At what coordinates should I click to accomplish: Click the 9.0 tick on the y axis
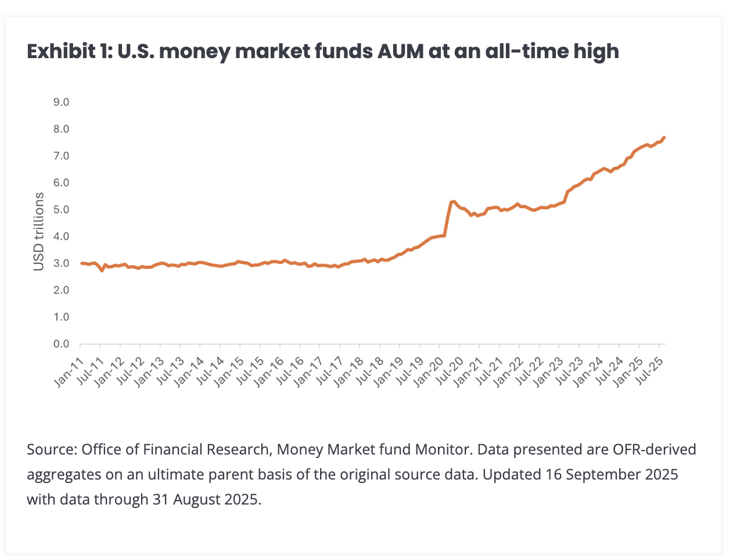click(x=60, y=102)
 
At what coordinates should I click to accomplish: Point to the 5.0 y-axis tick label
click(x=60, y=210)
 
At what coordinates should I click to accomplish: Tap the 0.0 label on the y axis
click(x=60, y=344)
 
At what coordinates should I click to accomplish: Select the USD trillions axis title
click(x=39, y=231)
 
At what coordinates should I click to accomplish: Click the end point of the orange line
click(x=664, y=138)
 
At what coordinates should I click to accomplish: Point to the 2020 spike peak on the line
click(x=453, y=201)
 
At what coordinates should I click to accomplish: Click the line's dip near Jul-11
click(x=102, y=270)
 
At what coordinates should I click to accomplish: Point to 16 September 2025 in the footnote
click(x=612, y=475)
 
